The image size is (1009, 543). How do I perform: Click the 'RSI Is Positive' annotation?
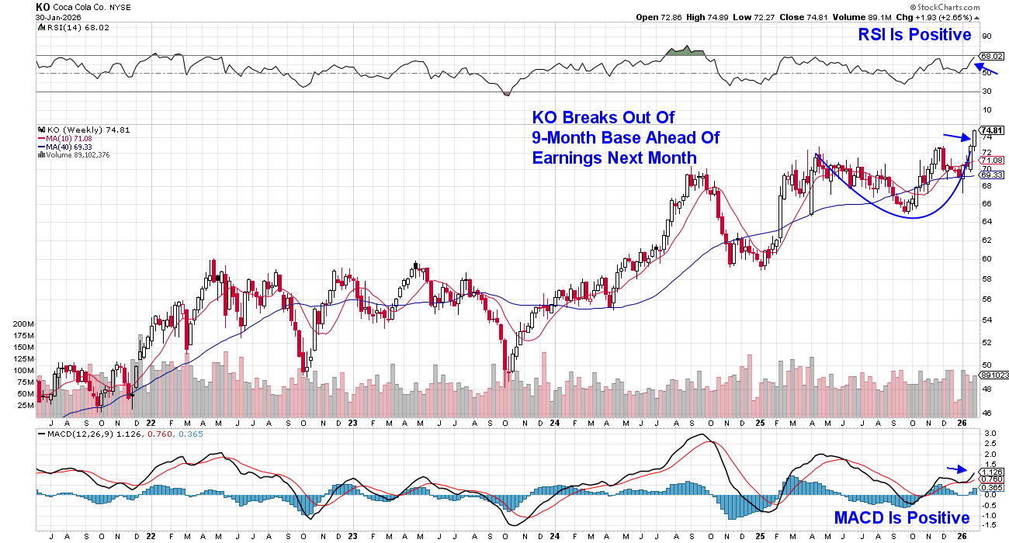[x=914, y=35]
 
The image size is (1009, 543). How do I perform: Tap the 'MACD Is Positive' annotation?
[x=902, y=517]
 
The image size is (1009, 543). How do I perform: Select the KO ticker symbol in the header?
[x=43, y=6]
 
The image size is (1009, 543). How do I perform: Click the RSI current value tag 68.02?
[x=992, y=57]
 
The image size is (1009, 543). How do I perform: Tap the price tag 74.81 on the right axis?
[x=992, y=130]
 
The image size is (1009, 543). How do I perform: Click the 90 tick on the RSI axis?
[x=986, y=36]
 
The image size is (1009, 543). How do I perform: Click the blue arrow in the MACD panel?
[x=957, y=469]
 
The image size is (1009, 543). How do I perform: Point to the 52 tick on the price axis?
[x=986, y=342]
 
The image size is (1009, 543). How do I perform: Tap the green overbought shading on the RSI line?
[x=686, y=52]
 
